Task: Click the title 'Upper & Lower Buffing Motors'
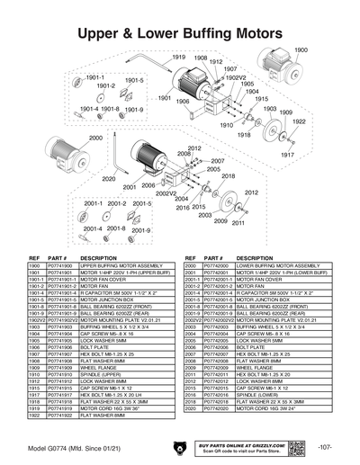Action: pos(180,34)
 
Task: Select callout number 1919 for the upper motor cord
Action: pos(179,57)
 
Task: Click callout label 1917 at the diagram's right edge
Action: pos(312,155)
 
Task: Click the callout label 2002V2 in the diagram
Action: pos(166,193)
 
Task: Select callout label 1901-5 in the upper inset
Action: pos(134,80)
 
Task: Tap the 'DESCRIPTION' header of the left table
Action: pos(99,257)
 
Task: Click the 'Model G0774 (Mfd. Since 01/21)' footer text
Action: pos(69,447)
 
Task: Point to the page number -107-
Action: pos(325,447)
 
